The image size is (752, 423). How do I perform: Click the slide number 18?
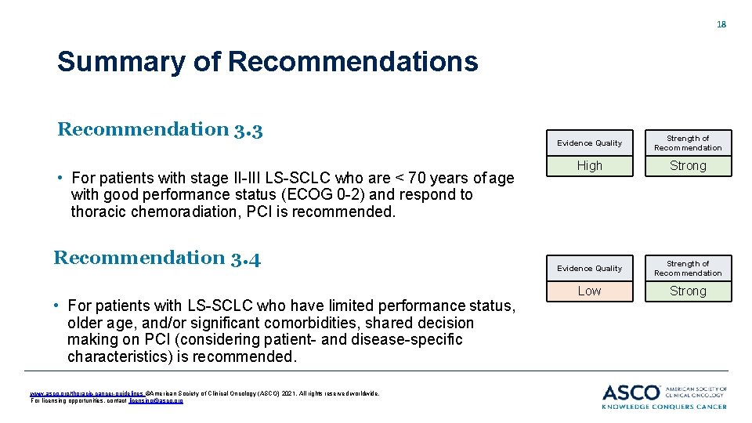[721, 24]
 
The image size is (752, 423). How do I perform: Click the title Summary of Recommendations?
[267, 61]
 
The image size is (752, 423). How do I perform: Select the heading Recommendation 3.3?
[159, 129]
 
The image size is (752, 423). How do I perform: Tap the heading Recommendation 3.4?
[157, 258]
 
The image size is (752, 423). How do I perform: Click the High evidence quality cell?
[589, 166]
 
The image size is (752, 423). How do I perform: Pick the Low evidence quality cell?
[589, 291]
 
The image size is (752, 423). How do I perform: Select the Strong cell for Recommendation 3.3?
[688, 166]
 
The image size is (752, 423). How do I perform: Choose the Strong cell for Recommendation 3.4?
[688, 291]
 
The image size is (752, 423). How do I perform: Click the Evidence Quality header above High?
[589, 143]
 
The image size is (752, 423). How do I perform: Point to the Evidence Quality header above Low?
[589, 268]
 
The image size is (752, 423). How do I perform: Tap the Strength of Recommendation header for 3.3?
[688, 143]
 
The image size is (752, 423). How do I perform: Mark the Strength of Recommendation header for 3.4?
[688, 268]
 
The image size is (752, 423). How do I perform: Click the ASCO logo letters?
[631, 392]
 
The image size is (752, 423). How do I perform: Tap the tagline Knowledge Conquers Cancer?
[664, 407]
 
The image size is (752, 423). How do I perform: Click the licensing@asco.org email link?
[162, 400]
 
